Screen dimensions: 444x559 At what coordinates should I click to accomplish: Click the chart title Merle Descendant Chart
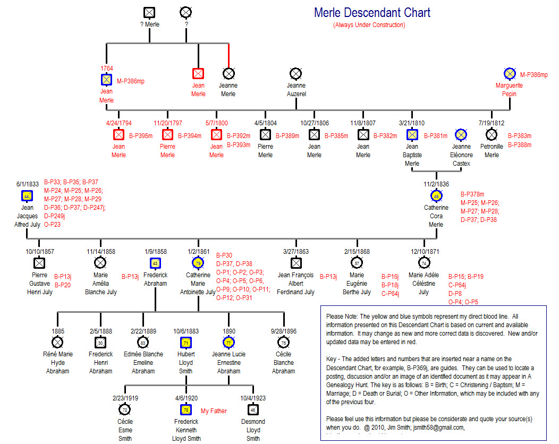372,13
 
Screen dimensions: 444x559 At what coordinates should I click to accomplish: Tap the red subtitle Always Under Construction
369,25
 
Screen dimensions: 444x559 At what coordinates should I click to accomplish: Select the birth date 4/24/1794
118,123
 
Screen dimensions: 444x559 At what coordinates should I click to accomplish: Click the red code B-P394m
190,136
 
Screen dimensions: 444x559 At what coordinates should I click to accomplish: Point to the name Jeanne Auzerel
296,89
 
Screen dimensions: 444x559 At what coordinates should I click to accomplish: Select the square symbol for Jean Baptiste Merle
412,135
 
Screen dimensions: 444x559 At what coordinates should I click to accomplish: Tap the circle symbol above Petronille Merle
492,135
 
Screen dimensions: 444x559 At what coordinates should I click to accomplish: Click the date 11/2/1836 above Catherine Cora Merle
436,184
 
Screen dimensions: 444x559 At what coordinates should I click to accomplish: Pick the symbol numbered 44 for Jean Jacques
27,195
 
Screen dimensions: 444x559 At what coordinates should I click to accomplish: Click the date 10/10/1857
40,251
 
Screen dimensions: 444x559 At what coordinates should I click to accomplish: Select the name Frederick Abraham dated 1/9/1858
155,279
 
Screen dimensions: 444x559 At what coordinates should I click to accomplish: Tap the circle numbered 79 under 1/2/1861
198,262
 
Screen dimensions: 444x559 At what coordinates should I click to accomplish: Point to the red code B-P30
224,255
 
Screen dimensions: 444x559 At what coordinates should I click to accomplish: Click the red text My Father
214,411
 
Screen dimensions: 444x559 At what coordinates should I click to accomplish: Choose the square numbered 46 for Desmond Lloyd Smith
253,409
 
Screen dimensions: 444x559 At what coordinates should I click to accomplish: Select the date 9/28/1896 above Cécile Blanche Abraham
283,331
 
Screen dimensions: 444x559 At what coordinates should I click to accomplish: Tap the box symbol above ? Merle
149,12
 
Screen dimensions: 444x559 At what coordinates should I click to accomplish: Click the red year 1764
107,69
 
